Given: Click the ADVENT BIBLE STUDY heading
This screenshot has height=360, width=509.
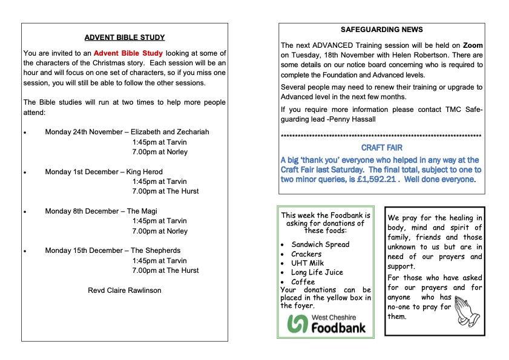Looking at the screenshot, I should coord(125,38).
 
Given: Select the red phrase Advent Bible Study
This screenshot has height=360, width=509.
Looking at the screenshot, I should coord(128,53).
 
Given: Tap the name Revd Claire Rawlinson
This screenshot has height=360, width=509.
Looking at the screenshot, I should coord(125,290).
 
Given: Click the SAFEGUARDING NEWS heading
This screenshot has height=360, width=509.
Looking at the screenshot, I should coord(382,30).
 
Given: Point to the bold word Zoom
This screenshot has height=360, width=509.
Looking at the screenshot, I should coord(473,45).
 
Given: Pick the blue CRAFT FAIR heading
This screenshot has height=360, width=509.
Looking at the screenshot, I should coord(382,147).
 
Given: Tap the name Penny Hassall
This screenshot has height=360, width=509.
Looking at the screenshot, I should coord(355,119).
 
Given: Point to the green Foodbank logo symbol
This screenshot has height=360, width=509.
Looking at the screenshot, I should coord(297,324).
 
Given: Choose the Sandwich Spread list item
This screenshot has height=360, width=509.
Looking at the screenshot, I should coord(320,244).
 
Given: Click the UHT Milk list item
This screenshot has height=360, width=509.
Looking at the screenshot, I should coord(307,263).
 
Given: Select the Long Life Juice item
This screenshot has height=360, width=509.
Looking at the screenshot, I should coord(317,273).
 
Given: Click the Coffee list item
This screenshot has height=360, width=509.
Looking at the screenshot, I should coord(303,282).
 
